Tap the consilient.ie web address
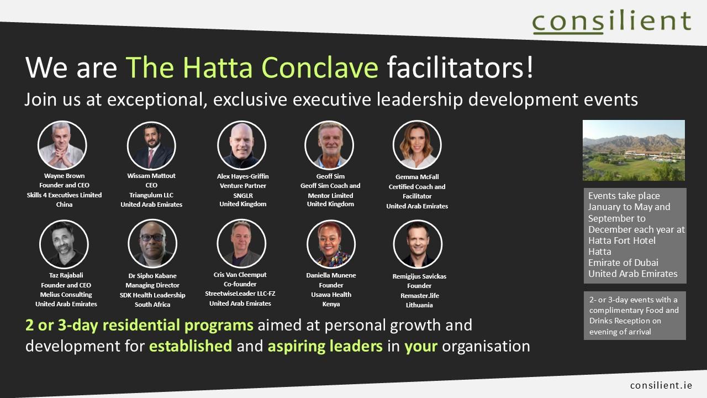[661, 385]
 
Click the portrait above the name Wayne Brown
[62, 145]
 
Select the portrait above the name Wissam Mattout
[151, 146]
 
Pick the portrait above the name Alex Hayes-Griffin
[242, 145]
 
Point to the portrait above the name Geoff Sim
[329, 145]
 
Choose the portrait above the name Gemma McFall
[417, 145]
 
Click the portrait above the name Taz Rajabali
[64, 244]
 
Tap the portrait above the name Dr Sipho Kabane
[152, 244]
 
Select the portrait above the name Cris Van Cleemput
[241, 244]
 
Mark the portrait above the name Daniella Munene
[331, 244]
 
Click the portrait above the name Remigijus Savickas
[418, 244]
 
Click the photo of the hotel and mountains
[634, 150]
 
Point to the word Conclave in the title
[320, 67]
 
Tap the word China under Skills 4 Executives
[65, 205]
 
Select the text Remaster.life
[419, 296]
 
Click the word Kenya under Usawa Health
[331, 304]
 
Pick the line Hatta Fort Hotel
[622, 240]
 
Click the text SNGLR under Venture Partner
[243, 196]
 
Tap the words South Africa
[152, 305]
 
